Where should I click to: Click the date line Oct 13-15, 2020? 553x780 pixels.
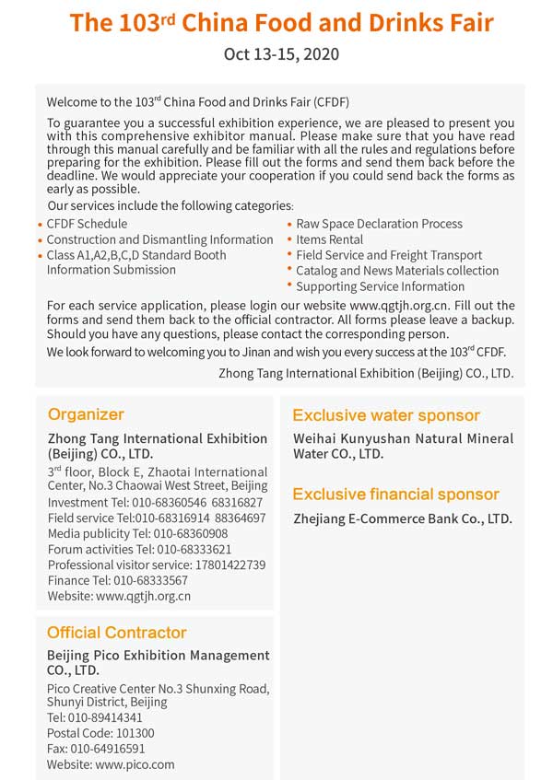click(x=281, y=54)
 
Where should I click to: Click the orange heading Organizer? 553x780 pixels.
click(x=86, y=414)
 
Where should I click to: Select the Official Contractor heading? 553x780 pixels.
click(x=117, y=633)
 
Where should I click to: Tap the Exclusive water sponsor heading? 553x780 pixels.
click(x=386, y=415)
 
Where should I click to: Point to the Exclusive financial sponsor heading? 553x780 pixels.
click(x=396, y=495)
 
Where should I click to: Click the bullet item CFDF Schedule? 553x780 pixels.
click(x=87, y=224)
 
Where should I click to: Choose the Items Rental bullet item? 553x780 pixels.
click(x=329, y=239)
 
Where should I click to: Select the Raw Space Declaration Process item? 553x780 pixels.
click(x=379, y=224)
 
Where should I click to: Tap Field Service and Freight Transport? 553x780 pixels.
click(x=389, y=255)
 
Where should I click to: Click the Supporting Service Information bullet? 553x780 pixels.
click(x=380, y=286)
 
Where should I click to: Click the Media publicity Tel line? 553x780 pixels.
click(x=137, y=533)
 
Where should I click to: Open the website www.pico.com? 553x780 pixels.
click(x=135, y=764)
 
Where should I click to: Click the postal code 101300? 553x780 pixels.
click(x=127, y=733)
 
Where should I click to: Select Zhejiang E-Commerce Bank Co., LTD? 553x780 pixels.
click(x=402, y=519)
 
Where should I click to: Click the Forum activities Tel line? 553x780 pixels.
click(x=139, y=549)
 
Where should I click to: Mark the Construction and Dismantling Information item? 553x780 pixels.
click(x=159, y=239)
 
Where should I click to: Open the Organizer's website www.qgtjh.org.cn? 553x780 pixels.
click(x=143, y=596)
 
